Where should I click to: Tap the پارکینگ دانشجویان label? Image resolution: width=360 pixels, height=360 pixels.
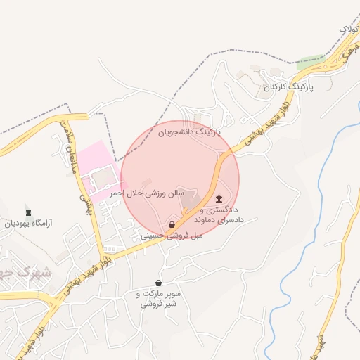(x=188, y=131)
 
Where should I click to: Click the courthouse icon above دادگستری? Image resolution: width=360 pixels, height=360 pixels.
(x=219, y=199)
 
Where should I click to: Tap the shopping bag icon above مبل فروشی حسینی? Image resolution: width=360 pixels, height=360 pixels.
(x=172, y=225)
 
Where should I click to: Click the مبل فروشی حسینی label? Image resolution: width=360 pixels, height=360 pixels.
(x=172, y=236)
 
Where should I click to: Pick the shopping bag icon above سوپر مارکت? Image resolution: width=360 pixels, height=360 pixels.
(x=158, y=282)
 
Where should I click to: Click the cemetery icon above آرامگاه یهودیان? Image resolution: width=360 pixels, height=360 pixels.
(x=28, y=212)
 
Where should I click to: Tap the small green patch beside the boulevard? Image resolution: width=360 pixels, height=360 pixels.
(x=309, y=62)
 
